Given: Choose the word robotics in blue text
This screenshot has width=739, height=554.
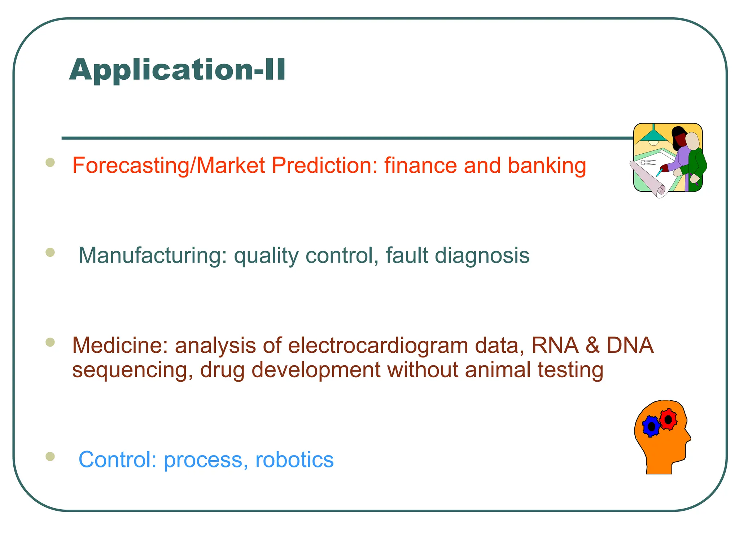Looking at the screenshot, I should click(x=294, y=460).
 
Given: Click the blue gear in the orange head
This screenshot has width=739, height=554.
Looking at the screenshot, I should click(x=651, y=427).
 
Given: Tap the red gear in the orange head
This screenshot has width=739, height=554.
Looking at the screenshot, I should click(x=668, y=419).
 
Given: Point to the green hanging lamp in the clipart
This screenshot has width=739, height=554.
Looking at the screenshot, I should click(x=653, y=136).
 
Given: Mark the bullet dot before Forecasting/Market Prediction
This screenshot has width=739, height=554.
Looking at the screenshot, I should click(x=50, y=162).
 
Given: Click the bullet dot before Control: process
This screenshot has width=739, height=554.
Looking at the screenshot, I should click(x=50, y=457).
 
